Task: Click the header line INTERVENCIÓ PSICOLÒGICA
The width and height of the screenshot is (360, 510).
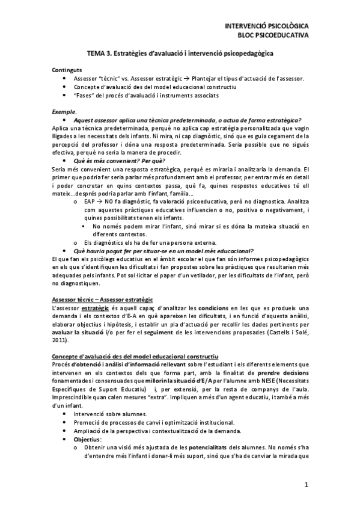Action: pos(266,27)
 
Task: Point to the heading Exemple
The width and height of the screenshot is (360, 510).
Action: pos(64,112)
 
